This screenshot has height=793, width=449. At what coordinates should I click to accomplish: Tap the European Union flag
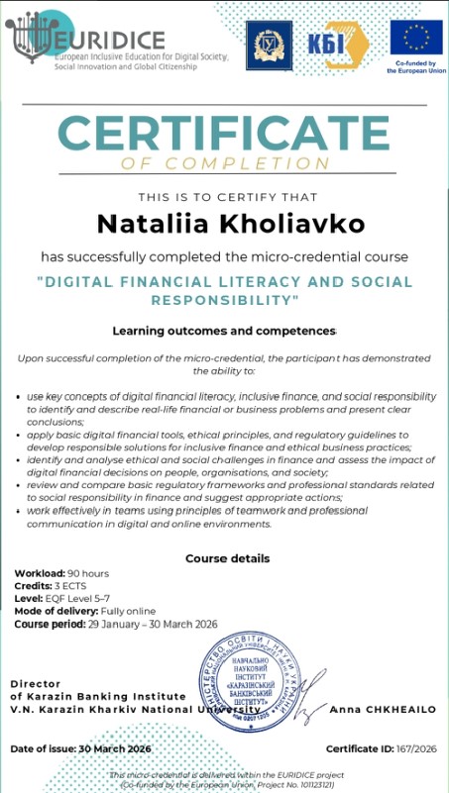pyautogui.click(x=415, y=38)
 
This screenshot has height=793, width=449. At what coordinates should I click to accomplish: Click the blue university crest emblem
pyautogui.click(x=267, y=44)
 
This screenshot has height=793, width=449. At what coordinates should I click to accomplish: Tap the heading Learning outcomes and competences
pyautogui.click(x=224, y=330)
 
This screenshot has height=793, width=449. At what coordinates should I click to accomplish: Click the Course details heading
pyautogui.click(x=227, y=558)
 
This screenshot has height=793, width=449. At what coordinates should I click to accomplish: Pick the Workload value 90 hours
pyautogui.click(x=87, y=574)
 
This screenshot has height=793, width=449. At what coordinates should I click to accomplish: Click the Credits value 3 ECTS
pyautogui.click(x=70, y=586)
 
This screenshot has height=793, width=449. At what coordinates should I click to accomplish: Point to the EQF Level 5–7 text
pyautogui.click(x=78, y=598)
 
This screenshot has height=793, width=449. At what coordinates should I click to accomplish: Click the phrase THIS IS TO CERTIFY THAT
pyautogui.click(x=224, y=197)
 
